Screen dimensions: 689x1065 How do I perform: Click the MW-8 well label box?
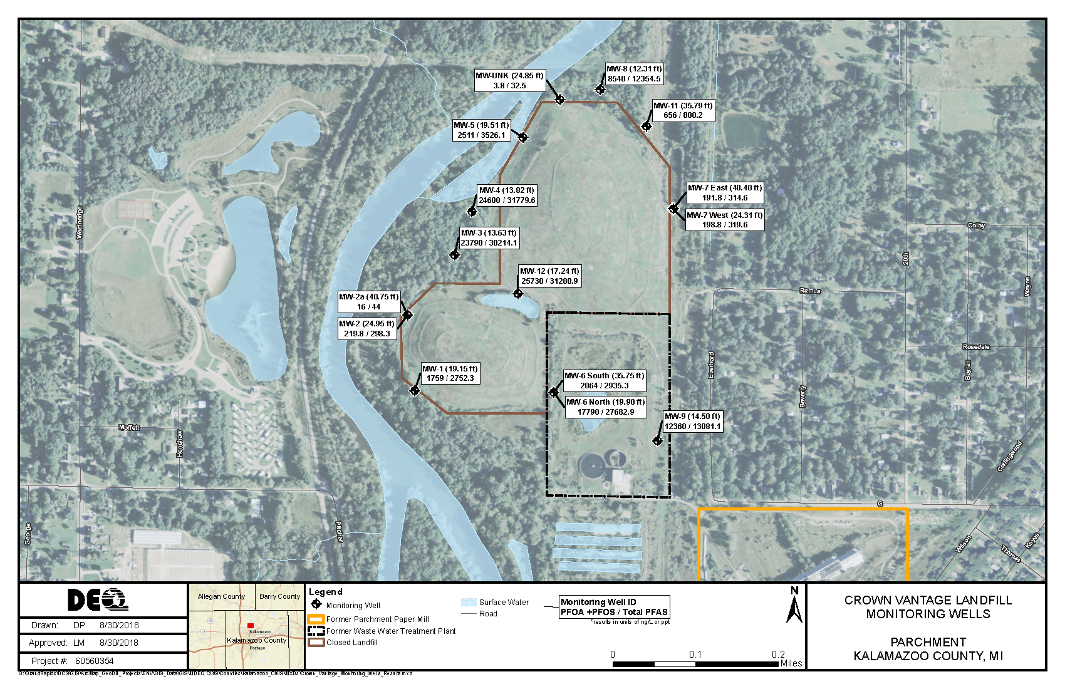click(634, 74)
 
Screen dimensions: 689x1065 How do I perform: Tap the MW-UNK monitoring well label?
click(509, 81)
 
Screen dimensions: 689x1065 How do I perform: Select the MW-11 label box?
click(683, 110)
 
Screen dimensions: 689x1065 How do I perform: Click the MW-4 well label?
click(507, 195)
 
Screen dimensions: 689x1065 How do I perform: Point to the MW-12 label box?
click(549, 276)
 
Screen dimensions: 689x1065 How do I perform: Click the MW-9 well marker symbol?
click(657, 440)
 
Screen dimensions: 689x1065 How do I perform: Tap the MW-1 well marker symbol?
click(414, 391)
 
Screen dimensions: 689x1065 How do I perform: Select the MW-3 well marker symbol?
click(455, 254)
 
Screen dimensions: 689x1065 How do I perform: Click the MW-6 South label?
click(604, 381)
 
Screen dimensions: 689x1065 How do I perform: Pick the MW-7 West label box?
click(725, 220)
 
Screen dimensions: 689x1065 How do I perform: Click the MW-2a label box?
click(368, 302)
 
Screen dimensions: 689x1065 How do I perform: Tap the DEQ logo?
click(98, 600)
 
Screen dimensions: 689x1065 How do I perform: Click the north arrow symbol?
click(794, 606)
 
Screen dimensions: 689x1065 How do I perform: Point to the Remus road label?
click(809, 291)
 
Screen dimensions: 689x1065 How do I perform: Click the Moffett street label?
click(129, 427)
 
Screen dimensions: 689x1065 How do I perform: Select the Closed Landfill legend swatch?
click(316, 642)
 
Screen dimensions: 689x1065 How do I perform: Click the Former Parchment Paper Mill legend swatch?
click(316, 619)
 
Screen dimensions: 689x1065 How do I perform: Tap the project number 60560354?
click(95, 661)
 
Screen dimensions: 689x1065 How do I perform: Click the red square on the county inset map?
click(250, 626)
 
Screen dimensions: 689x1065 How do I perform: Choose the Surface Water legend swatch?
click(469, 602)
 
